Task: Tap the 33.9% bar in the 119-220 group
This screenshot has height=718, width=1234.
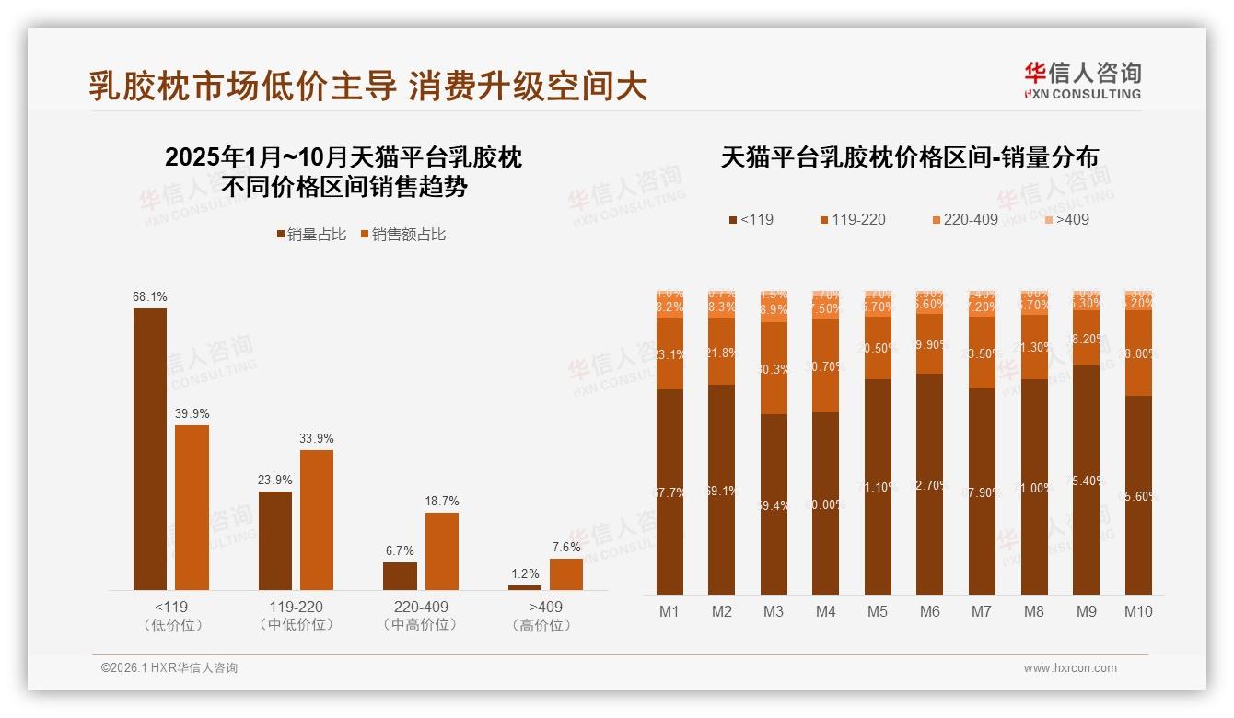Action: click(x=317, y=519)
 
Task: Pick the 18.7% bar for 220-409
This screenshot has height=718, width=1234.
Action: click(x=441, y=550)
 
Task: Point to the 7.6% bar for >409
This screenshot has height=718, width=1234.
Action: click(x=566, y=573)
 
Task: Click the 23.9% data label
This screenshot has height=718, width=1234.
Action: click(x=274, y=480)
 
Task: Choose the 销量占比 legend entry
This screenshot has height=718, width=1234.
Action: click(x=311, y=235)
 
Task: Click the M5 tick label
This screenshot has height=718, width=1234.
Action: click(x=878, y=611)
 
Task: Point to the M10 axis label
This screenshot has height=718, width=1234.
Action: click(x=1138, y=611)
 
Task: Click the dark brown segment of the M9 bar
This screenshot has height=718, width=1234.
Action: click(x=1087, y=479)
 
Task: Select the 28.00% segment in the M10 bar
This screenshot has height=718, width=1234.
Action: click(x=1138, y=353)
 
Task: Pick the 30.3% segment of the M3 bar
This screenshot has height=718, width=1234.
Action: click(x=774, y=368)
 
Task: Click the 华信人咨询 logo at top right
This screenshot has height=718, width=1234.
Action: click(x=1082, y=80)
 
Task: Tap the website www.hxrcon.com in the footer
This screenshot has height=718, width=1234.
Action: click(x=1070, y=668)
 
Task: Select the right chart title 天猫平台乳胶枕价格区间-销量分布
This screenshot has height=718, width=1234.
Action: click(x=909, y=157)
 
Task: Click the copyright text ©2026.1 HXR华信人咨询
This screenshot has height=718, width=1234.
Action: click(x=169, y=668)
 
